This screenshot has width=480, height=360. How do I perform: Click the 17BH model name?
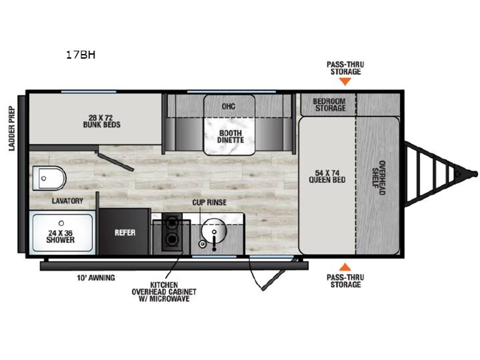tap(81, 55)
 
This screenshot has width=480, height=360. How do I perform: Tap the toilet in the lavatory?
tap(49, 178)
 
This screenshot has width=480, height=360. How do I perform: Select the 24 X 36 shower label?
tap(60, 236)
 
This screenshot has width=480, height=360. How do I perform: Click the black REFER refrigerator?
tap(125, 232)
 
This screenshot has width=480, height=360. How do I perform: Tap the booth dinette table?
tap(229, 125)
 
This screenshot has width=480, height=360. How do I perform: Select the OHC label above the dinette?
tap(229, 106)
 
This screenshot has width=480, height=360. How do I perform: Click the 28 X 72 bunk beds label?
tap(101, 121)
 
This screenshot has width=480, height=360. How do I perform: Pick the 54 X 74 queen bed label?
tap(327, 176)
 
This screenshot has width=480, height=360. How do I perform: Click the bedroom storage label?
tap(329, 105)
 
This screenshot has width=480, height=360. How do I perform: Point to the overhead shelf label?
tap(379, 177)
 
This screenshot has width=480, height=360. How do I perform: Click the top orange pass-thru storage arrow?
tap(345, 81)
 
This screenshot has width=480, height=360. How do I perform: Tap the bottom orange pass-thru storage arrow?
tap(345, 267)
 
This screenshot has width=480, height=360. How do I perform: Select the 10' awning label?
tap(96, 277)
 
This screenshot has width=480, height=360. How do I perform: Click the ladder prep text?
tap(11, 128)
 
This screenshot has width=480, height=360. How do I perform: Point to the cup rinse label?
tap(209, 203)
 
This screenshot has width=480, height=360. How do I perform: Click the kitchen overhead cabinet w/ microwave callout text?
tap(164, 292)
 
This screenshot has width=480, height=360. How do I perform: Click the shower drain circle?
tap(61, 223)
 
